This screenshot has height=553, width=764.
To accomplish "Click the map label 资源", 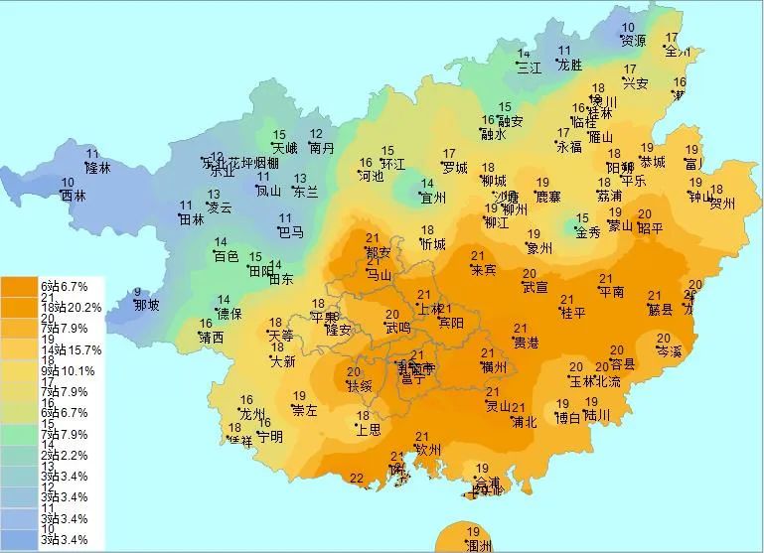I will (634, 42).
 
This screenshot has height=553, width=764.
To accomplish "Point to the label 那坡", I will (146, 305).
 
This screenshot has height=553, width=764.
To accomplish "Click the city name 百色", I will (227, 256).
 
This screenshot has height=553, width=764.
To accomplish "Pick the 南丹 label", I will (322, 149).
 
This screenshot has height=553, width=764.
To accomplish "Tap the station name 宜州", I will (432, 198).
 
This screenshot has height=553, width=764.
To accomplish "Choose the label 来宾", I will (483, 269).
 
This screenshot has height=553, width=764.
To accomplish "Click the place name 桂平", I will (573, 314).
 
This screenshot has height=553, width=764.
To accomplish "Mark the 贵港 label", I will (525, 343).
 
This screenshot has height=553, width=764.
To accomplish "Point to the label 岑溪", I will (670, 351).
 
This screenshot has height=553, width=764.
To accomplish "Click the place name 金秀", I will (588, 232).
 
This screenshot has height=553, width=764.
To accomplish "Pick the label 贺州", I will (721, 205).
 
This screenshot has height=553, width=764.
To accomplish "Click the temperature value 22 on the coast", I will (357, 480).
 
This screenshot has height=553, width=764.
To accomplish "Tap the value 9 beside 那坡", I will (137, 292).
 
